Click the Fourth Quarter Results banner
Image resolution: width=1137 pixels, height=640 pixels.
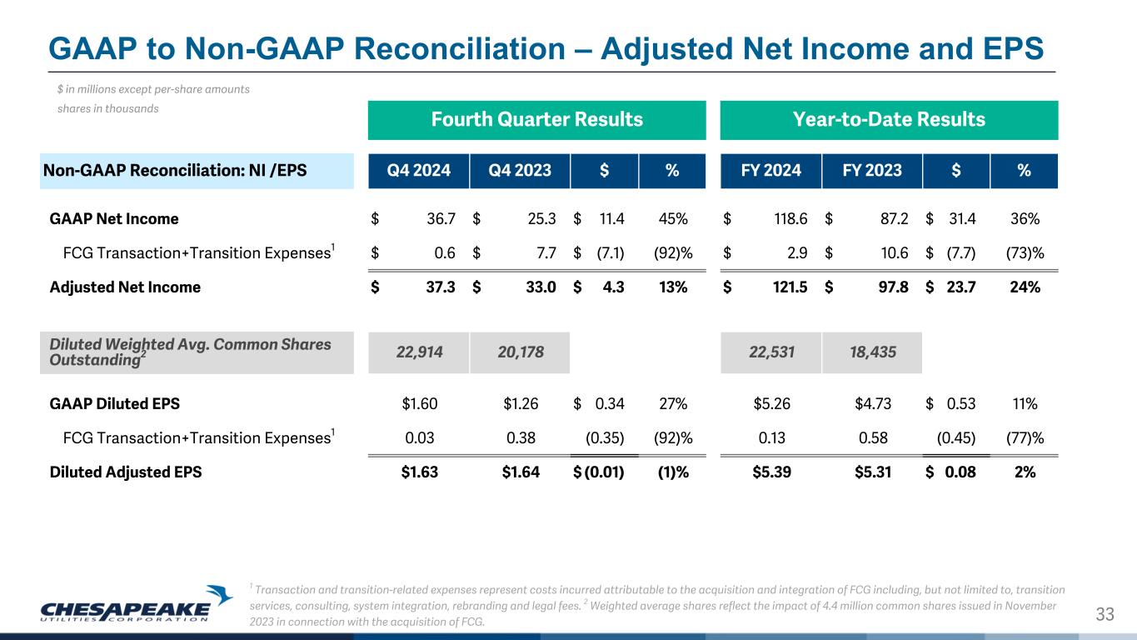click(536, 119)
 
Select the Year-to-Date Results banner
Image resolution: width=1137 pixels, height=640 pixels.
click(889, 119)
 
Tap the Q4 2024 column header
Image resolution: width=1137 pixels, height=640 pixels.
click(419, 171)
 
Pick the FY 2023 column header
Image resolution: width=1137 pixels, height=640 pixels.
click(871, 171)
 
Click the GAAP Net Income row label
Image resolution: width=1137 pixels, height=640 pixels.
click(114, 219)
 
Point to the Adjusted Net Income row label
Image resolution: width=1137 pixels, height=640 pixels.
click(125, 287)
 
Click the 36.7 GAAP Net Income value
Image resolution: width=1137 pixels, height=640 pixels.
click(440, 219)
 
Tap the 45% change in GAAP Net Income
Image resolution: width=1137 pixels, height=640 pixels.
click(673, 219)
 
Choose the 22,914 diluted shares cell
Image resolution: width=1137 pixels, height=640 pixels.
click(419, 352)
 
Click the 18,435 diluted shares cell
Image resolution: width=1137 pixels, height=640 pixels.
click(871, 352)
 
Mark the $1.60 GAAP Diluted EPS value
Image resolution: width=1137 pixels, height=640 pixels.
click(419, 404)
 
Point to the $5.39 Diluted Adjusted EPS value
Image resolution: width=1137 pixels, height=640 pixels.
click(771, 472)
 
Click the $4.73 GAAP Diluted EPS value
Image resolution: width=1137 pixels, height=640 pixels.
click(873, 404)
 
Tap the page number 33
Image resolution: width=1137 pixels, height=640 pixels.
click(1105, 615)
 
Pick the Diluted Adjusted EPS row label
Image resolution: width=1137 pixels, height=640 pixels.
click(126, 472)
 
